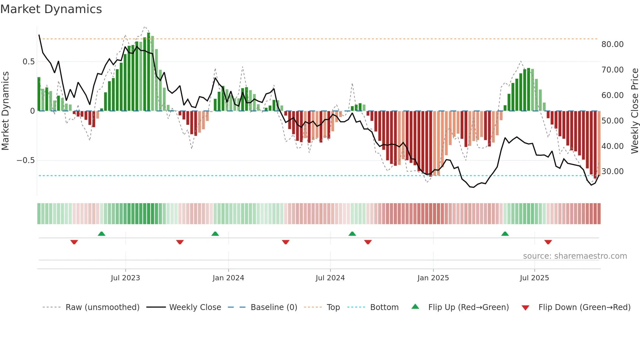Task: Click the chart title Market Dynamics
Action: tap(51, 9)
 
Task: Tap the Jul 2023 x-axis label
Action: tap(125, 278)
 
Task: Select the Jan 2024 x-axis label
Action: tap(228, 278)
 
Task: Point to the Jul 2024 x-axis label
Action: tap(330, 278)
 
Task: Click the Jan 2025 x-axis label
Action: tap(433, 278)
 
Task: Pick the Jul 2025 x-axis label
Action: tap(534, 278)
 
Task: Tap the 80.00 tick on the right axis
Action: tap(612, 44)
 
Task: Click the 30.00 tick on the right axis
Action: tap(612, 172)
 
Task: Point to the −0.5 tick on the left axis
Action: tap(25, 160)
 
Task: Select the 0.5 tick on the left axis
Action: tap(28, 62)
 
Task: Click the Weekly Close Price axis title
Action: tap(634, 111)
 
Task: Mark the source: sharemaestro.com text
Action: tap(575, 256)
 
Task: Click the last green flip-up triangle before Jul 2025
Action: tap(505, 234)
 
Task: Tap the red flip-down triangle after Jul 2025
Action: tap(548, 242)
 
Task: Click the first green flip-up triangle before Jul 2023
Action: tap(102, 234)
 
